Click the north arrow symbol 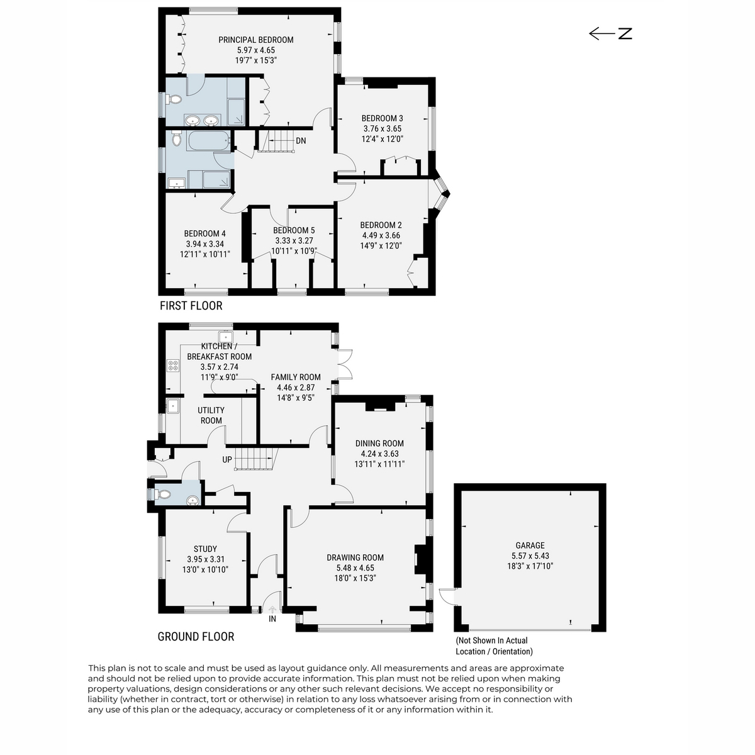tap(610, 33)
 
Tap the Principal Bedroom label tap(256, 40)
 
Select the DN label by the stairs tap(301, 141)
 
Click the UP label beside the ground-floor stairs tap(227, 459)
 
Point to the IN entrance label tap(272, 618)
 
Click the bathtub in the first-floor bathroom tap(208, 141)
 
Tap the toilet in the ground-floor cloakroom tap(162, 495)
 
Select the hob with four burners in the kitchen tap(173, 366)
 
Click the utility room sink tap(173, 406)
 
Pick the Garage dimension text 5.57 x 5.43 tap(530, 556)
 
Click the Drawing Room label tap(355, 557)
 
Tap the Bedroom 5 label tap(294, 230)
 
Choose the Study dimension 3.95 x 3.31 tap(205, 559)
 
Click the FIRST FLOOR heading tap(191, 306)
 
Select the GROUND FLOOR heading tap(196, 637)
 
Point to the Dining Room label tap(379, 444)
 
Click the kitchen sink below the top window tap(226, 337)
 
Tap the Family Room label tap(296, 377)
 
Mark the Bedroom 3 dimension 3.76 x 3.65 tap(383, 128)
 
